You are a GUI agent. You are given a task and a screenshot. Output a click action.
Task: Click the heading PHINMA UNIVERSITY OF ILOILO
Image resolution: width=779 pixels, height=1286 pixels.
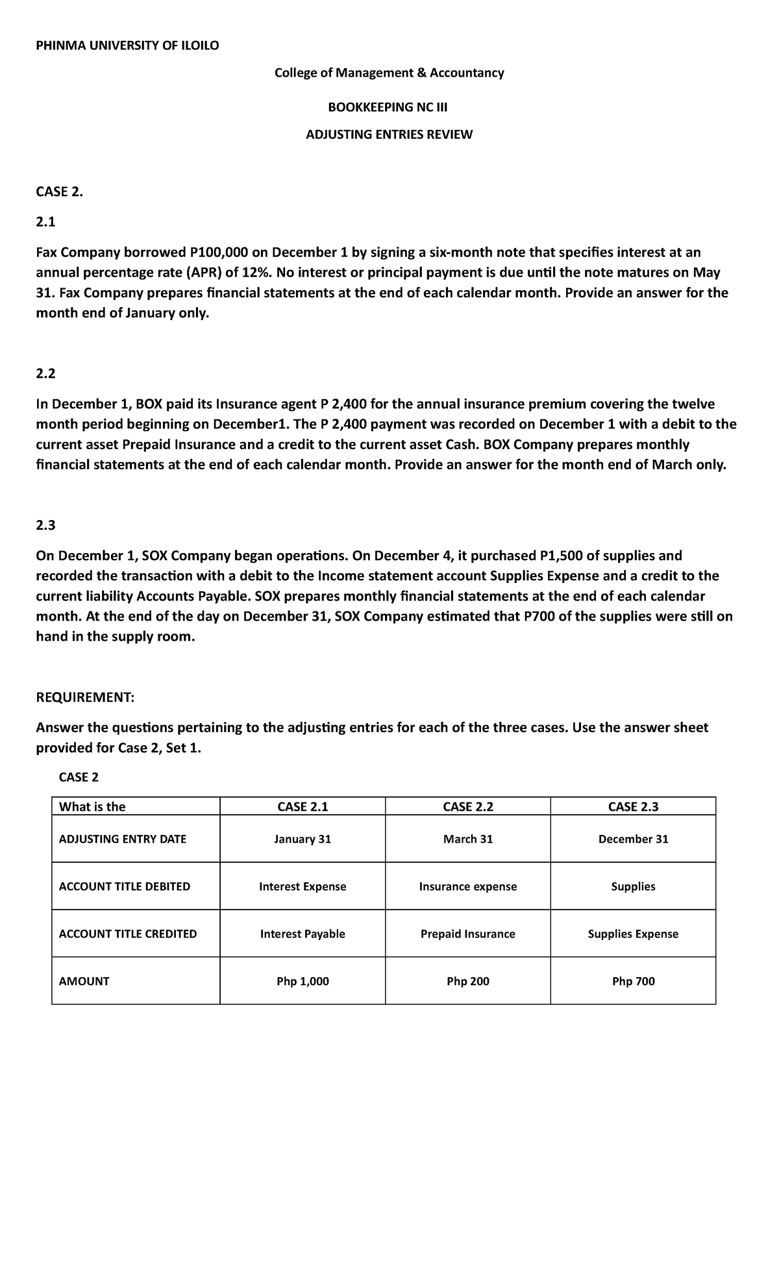point(127,45)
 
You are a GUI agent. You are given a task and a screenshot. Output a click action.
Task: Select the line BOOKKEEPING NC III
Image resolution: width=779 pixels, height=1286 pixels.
point(389,106)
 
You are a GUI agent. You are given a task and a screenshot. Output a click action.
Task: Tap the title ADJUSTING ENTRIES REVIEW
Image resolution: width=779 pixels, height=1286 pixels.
point(389,134)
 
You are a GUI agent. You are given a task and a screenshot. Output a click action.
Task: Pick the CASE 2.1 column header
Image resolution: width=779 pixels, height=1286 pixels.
point(303,806)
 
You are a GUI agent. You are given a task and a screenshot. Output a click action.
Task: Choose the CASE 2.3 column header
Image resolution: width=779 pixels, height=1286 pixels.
point(633,806)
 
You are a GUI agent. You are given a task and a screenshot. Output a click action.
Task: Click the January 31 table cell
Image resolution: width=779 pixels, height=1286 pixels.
point(303,839)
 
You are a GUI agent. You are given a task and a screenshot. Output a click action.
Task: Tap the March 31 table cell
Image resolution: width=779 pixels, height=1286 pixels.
point(467,839)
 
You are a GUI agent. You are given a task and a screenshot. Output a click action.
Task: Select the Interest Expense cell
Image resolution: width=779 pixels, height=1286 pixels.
point(303,886)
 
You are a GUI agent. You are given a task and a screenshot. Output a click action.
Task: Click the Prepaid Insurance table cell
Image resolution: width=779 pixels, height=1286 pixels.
point(467,934)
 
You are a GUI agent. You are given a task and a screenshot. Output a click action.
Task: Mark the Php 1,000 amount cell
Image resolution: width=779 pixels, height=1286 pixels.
point(303,981)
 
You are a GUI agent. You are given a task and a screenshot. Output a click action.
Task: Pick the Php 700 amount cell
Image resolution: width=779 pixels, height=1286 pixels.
point(633,981)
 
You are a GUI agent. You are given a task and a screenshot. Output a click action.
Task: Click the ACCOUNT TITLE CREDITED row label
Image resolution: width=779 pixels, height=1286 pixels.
point(128,934)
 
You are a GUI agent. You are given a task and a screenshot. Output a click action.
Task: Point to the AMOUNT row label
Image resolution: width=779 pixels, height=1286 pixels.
point(84,981)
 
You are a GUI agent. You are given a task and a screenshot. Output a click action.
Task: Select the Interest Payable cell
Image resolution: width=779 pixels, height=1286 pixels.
point(303,934)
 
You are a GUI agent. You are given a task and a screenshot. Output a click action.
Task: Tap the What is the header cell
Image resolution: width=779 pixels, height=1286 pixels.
point(92,806)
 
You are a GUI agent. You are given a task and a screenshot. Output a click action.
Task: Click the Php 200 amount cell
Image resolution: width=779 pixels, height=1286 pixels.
point(467,981)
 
